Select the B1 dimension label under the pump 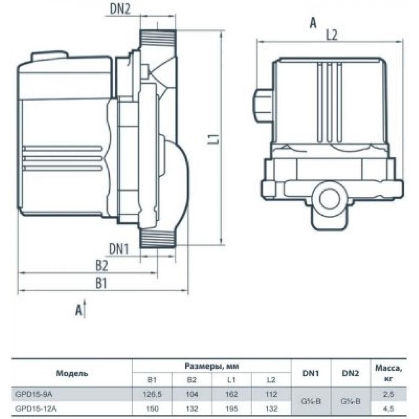101,284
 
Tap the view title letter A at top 312,23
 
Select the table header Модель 72,373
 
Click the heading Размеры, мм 212,366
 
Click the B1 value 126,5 152,394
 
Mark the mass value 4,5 389,408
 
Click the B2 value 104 191,394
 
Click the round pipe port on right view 329,197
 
